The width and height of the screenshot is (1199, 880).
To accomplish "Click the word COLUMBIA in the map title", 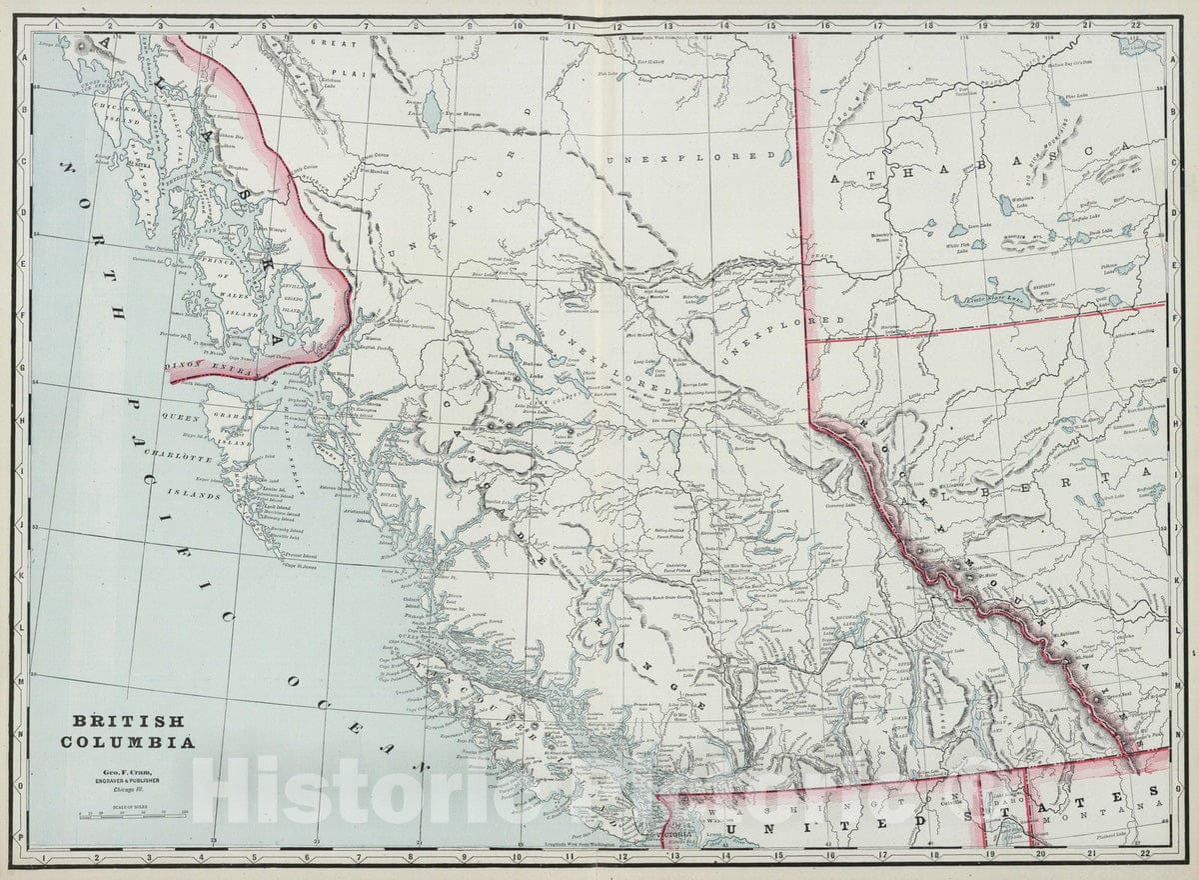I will tap(127, 742).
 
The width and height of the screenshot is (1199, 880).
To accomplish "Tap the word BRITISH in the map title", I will tap(127, 721).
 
